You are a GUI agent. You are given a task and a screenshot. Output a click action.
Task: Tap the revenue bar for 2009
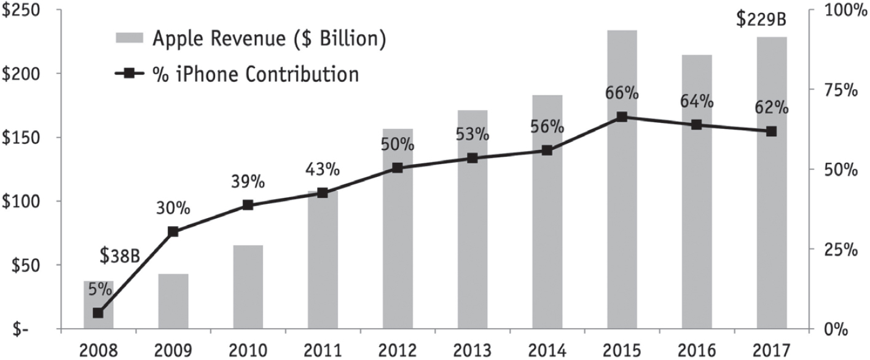pyautogui.click(x=173, y=301)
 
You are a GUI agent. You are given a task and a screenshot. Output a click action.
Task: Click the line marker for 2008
pyautogui.click(x=98, y=313)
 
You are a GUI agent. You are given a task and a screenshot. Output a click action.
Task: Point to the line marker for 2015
pyautogui.click(x=622, y=117)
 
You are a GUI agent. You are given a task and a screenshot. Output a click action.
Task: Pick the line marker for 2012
pyautogui.click(x=398, y=167)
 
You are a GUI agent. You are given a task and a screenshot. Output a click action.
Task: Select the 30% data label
pyautogui.click(x=174, y=208)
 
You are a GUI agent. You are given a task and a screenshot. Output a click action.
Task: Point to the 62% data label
pyautogui.click(x=772, y=108)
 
